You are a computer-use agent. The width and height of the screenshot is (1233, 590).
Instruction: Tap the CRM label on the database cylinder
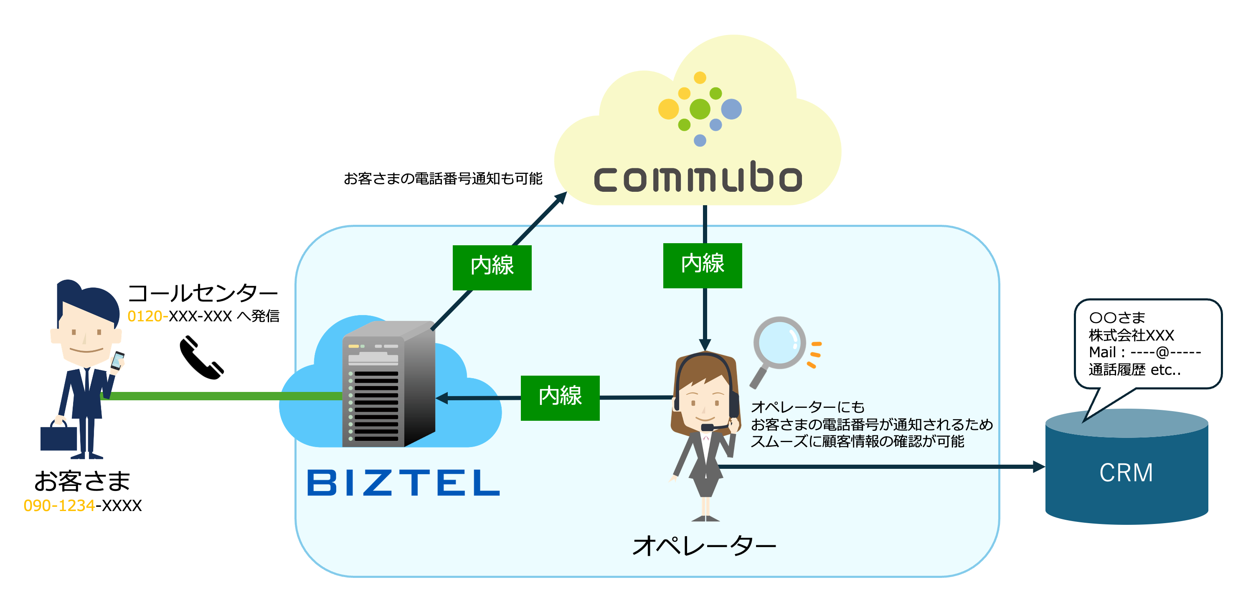point(1126,473)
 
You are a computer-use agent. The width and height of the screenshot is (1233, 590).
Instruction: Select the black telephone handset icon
point(201,358)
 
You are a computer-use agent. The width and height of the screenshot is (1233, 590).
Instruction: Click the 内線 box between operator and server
point(560,397)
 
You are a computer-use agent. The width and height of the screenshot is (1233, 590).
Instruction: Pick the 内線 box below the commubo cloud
point(702,265)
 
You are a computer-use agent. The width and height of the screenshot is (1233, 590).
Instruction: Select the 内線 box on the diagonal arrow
point(492,267)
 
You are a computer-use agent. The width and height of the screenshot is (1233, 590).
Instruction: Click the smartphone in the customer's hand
point(117,361)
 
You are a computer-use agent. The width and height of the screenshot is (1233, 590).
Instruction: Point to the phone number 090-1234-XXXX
point(82,505)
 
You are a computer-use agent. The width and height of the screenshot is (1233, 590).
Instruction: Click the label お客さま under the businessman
point(82,481)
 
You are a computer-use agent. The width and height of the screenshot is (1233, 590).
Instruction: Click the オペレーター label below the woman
point(704,545)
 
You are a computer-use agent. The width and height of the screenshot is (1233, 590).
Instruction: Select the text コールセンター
point(203,292)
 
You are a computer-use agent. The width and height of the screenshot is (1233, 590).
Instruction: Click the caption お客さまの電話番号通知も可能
point(443,178)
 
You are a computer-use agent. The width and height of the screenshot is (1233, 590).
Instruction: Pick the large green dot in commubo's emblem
point(699,109)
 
